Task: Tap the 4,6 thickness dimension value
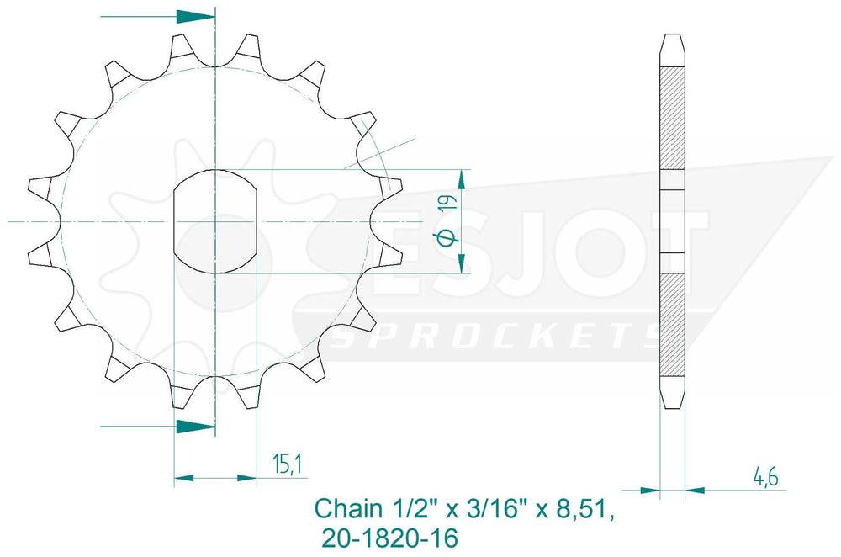point(766,476)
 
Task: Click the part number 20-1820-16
point(390,538)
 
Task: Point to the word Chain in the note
point(348,508)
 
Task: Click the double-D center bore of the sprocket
point(215,221)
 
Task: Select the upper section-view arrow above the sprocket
point(158,17)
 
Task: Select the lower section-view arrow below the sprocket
point(158,427)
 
